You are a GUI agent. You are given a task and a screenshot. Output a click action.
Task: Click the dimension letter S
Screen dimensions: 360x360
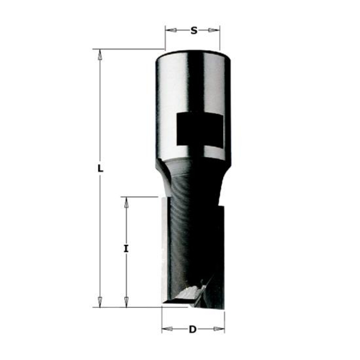tap(194, 30)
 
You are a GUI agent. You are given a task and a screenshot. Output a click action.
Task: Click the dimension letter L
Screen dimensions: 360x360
tap(100, 169)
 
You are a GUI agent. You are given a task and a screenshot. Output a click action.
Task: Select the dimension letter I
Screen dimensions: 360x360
tap(126, 249)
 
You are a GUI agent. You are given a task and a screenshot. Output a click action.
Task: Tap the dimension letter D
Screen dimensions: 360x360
tap(193, 329)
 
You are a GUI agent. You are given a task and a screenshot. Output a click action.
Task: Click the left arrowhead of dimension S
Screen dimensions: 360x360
tap(171, 30)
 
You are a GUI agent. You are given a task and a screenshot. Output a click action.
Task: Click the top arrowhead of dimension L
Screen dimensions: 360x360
tap(100, 54)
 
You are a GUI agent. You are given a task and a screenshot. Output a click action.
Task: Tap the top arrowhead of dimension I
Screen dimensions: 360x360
tap(126, 202)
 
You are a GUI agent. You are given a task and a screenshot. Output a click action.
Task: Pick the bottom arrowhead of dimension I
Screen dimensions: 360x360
tap(126, 301)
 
